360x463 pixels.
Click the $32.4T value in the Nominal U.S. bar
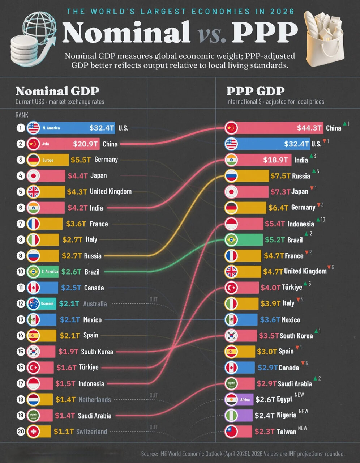pos(102,128)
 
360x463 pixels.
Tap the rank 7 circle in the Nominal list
pos(21,224)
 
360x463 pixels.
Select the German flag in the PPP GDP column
pos(231,208)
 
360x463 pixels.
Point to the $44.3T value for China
pos(309,128)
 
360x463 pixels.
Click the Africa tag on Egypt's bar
pos(245,400)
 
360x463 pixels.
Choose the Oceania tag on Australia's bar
pos(47,303)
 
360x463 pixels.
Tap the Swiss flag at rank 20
pos(33,432)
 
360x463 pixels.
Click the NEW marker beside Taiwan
pos(303,428)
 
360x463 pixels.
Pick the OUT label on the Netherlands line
pos(154,395)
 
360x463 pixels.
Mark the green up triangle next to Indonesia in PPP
pos(318,220)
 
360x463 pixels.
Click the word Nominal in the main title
pos(126,32)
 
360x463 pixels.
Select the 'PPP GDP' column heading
pos(256,91)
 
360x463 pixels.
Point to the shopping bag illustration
pos(324,38)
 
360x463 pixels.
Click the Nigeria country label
pos(287,415)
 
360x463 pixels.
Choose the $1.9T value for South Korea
pos(68,352)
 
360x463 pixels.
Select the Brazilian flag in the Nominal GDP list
pos(33,272)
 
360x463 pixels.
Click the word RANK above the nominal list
pos(22,115)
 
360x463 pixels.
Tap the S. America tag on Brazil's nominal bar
pos(50,271)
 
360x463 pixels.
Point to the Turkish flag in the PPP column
pos(231,288)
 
